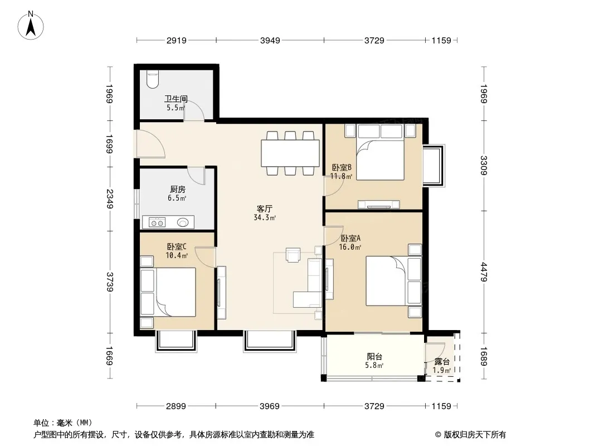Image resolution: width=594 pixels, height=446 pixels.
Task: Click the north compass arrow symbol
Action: point(31,26)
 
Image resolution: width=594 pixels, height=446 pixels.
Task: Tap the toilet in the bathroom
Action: point(153,79)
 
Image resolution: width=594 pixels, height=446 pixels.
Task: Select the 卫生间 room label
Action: point(176,99)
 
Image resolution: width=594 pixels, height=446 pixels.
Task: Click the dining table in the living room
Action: point(290,153)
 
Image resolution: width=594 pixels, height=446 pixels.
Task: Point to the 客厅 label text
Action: point(265,209)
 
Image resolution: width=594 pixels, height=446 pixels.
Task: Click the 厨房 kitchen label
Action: point(177,189)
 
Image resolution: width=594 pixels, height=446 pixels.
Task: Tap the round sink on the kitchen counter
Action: point(183,222)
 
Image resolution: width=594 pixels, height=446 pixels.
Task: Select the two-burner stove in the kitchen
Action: point(157,222)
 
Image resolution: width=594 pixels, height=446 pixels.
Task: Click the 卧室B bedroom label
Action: point(342,167)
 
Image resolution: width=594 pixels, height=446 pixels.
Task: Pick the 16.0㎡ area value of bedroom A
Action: point(350,247)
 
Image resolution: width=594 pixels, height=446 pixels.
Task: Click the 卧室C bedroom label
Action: point(177,246)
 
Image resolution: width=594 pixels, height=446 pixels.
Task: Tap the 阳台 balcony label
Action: point(374,357)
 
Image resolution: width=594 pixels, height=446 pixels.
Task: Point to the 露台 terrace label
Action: point(442,361)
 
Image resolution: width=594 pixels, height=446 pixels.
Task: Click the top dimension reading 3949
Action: point(270,40)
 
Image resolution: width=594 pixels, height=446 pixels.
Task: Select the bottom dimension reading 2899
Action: point(176,406)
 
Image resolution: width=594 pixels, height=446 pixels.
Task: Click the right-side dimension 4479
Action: point(483,272)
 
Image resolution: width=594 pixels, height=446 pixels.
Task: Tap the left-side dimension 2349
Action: point(109,198)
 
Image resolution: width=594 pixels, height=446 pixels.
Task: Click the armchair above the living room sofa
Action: point(293,255)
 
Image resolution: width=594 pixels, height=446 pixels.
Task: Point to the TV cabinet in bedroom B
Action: point(379,204)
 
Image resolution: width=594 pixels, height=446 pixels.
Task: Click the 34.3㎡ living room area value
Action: point(265,217)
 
